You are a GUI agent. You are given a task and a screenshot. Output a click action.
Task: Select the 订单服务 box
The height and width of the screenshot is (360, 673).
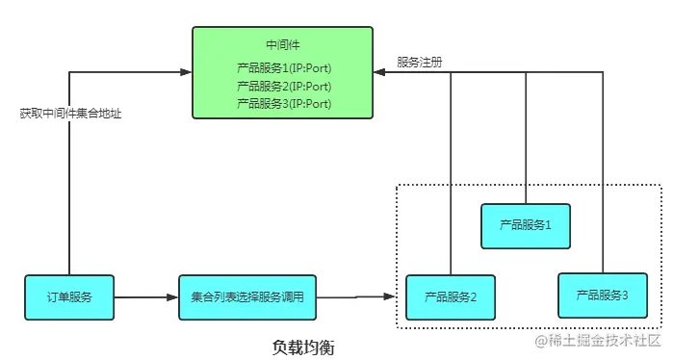click(x=69, y=296)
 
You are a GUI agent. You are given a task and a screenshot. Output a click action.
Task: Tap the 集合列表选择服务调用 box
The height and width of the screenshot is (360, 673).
click(x=247, y=296)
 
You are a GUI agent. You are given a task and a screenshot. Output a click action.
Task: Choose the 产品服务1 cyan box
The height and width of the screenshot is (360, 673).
click(x=526, y=226)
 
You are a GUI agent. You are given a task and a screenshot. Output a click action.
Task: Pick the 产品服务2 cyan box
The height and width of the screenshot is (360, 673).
click(x=451, y=297)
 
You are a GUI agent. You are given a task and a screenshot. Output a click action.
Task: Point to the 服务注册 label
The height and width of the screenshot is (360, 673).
click(x=420, y=63)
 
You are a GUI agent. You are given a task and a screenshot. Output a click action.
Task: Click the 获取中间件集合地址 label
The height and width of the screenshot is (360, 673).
click(x=70, y=113)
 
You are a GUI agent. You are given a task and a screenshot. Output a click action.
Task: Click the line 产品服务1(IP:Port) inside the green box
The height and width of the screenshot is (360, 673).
click(x=284, y=69)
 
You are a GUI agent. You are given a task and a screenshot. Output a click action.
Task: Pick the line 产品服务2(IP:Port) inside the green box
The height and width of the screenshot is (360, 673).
click(x=284, y=86)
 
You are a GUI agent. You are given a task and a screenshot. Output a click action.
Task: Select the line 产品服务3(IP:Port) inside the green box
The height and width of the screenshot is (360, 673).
click(x=284, y=102)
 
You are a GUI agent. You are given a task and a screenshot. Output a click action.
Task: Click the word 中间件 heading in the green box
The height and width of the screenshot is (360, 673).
click(x=283, y=45)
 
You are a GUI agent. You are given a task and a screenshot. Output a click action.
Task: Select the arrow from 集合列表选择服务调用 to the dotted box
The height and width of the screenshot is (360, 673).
click(x=356, y=297)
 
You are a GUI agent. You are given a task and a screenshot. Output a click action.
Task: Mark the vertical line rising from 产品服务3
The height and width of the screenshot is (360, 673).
click(x=602, y=173)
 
